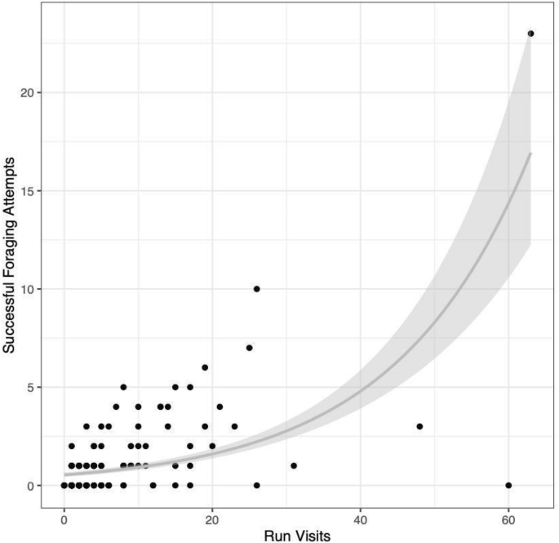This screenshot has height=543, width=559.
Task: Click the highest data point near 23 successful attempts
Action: pos(530,33)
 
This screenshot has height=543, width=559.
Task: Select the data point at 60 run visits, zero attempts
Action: pos(508,486)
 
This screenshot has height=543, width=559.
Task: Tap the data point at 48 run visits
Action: pos(419,426)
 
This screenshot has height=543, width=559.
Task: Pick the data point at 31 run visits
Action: pos(294,465)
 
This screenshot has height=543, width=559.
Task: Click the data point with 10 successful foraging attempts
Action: pos(256,289)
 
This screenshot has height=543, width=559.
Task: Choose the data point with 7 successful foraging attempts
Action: pos(249,348)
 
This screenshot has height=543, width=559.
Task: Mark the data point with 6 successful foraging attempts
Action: pos(205,367)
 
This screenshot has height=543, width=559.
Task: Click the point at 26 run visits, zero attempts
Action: pos(256,486)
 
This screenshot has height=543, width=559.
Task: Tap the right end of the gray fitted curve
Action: pos(530,153)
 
